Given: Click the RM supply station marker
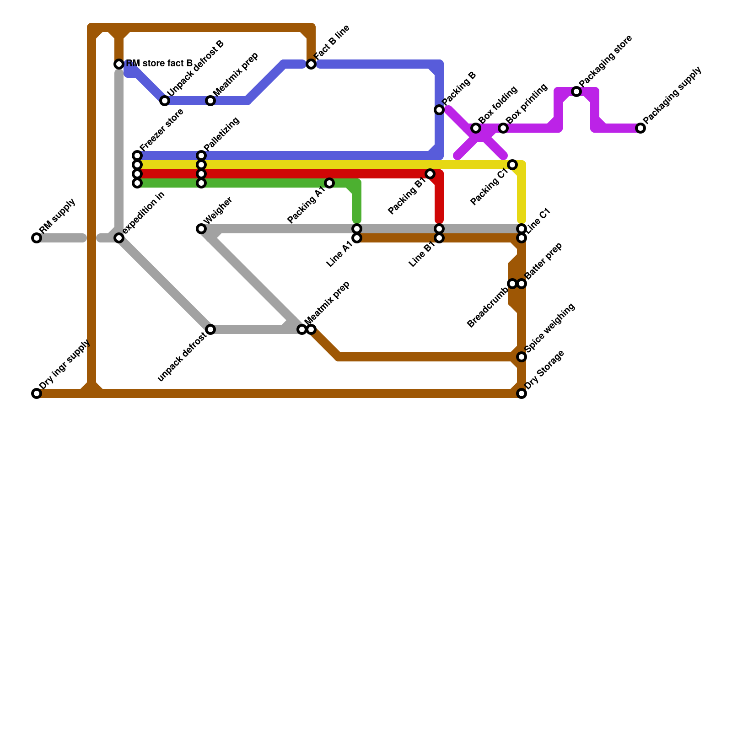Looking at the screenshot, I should tap(37, 238).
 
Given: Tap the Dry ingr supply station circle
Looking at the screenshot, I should tap(37, 393).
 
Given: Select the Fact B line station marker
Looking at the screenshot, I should tap(311, 64).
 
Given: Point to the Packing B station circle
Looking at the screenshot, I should tap(439, 110).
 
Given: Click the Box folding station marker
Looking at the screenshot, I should tap(476, 128).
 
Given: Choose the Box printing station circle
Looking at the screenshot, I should tap(503, 128).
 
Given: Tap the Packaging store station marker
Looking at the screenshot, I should tap(576, 91).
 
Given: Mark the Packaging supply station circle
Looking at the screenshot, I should tap(640, 128).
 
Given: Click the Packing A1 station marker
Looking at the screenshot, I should tap(329, 183).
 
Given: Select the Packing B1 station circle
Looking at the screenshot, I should tap(430, 174).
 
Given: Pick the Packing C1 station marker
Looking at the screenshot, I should tap(512, 165).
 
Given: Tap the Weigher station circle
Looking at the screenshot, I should tap(201, 229).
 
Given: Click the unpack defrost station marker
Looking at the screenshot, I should tap(210, 329).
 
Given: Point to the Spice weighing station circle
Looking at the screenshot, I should tap(522, 357).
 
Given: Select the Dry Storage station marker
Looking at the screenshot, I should tap(522, 393).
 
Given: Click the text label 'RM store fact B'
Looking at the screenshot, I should tap(159, 63).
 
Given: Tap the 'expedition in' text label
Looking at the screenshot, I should tap(143, 213).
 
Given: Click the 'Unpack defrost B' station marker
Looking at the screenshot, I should tap(165, 101).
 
